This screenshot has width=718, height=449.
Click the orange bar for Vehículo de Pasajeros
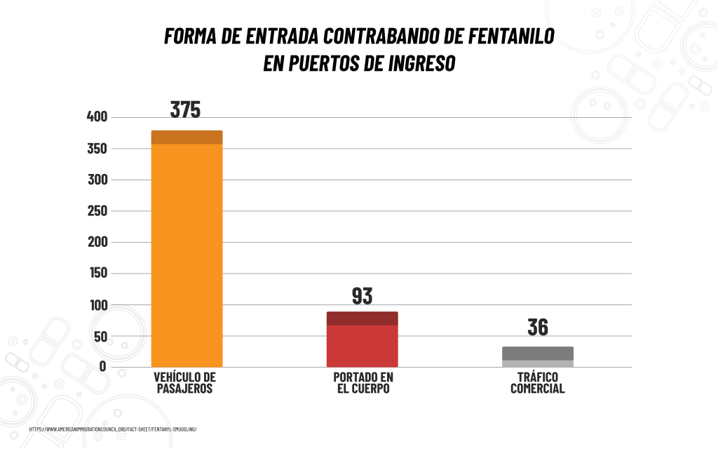click(187, 253)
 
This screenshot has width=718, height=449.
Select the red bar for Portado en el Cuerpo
click(362, 344)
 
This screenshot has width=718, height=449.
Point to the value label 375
click(186, 109)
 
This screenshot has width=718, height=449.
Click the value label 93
click(362, 296)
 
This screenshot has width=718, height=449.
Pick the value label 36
click(538, 328)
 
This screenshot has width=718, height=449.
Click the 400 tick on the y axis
click(97, 116)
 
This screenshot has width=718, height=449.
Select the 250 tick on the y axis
click(97, 211)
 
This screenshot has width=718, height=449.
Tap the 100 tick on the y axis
click(97, 305)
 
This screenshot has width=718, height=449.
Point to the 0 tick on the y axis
click(102, 366)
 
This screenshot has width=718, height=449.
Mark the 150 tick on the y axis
click(97, 274)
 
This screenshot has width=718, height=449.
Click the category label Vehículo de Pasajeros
click(185, 382)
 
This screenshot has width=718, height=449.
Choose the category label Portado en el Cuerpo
click(363, 382)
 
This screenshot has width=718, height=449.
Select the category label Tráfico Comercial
click(538, 382)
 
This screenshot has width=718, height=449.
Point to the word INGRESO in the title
click(421, 64)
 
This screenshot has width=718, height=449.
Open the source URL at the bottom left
click(113, 429)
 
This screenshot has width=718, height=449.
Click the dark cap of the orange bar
click(187, 137)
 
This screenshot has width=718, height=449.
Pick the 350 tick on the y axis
click(97, 149)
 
